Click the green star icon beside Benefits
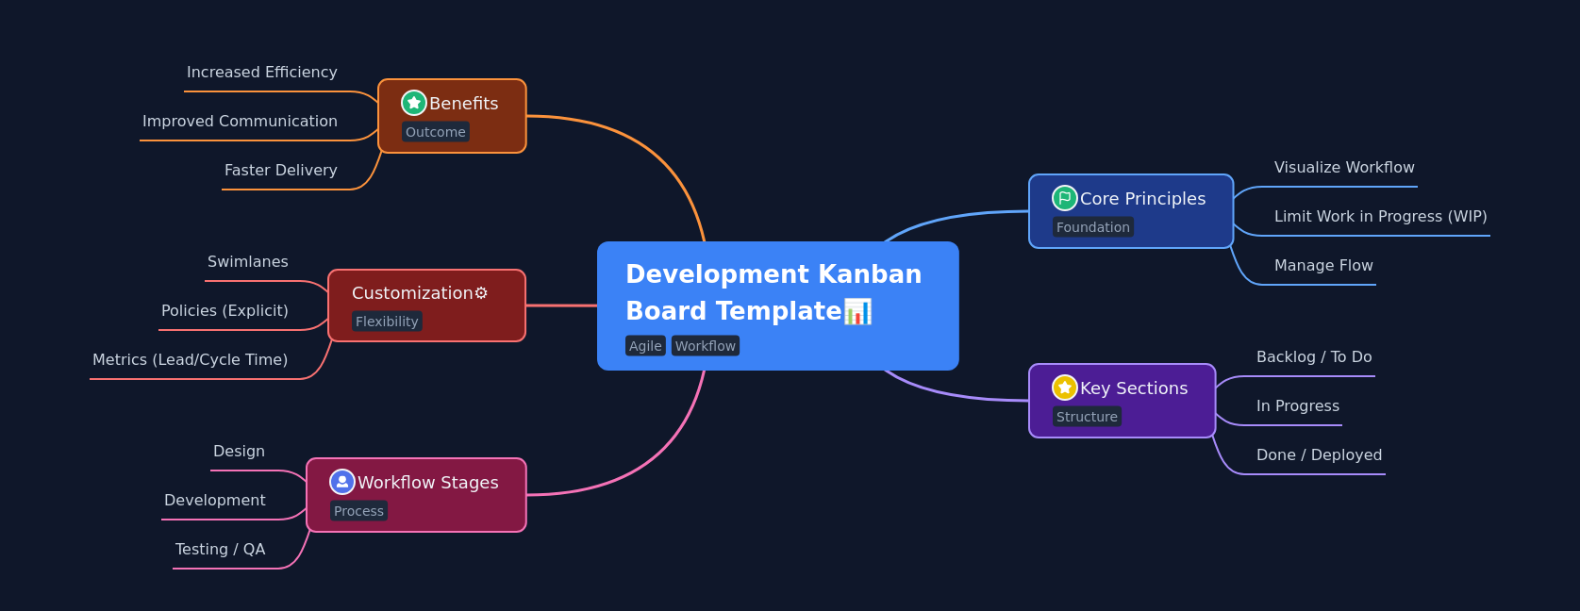point(413,103)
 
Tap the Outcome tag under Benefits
point(435,132)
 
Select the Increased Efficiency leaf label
point(261,73)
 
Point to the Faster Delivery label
point(280,171)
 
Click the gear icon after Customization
point(481,293)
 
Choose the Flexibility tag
point(387,322)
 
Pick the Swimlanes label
point(248,262)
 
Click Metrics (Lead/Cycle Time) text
point(190,360)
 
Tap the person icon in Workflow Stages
point(341,482)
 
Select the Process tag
point(358,511)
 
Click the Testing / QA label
point(220,550)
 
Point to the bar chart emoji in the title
point(857,311)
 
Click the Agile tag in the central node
point(645,346)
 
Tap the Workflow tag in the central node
point(705,346)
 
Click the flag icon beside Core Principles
point(1064,198)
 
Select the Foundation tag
point(1092,227)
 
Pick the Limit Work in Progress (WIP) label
point(1380,217)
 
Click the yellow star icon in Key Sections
point(1064,388)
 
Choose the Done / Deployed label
point(1319,455)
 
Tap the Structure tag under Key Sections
point(1087,417)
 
